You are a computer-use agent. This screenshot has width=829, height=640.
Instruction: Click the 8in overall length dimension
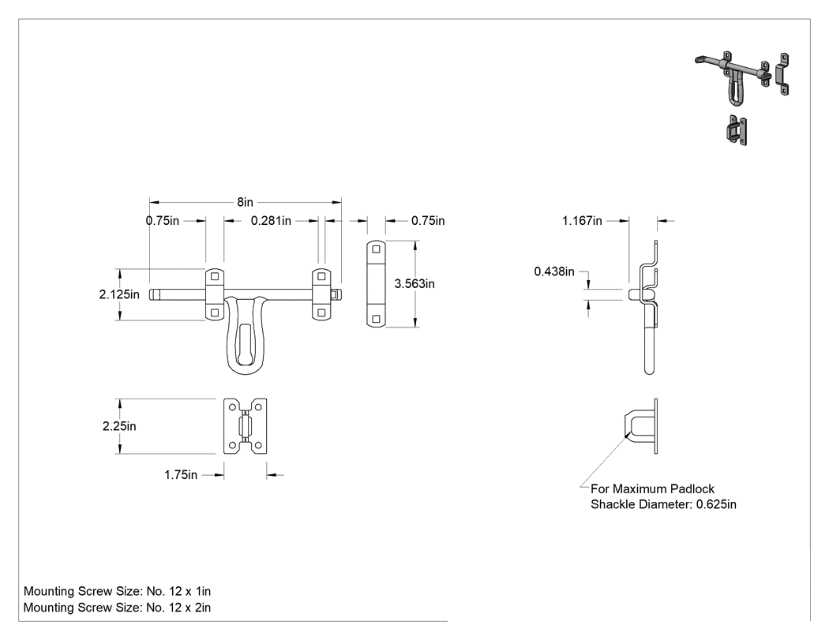pos(245,202)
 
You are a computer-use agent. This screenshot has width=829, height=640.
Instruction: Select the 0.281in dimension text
pos(271,220)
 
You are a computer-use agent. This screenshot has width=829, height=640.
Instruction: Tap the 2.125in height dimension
pos(119,294)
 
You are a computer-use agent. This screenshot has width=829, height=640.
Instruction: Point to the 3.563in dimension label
pos(414,284)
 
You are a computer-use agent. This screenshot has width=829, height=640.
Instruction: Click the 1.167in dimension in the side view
pos(582,220)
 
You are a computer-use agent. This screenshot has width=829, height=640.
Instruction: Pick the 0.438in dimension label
pos(554,271)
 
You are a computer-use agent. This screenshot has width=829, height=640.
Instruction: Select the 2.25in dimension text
pos(119,426)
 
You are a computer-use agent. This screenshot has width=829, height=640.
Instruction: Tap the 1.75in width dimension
pos(181,474)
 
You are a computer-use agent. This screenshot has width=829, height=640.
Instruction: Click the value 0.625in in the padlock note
pos(716,504)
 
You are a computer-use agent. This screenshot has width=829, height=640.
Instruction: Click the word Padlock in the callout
pos(692,488)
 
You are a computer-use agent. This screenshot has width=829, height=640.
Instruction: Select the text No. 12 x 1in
pos(178,591)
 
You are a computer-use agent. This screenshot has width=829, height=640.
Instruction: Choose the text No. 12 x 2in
pos(178,608)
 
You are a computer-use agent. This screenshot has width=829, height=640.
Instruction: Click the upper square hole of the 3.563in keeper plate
pos(377,249)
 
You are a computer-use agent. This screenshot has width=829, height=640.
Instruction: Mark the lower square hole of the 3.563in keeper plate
pos(377,319)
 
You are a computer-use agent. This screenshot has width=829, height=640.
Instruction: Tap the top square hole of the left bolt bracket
pos(215,276)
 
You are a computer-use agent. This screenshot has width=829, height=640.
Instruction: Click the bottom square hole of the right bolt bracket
pos(321,313)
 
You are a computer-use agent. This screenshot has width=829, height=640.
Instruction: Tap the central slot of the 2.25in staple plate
pos(245,426)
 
